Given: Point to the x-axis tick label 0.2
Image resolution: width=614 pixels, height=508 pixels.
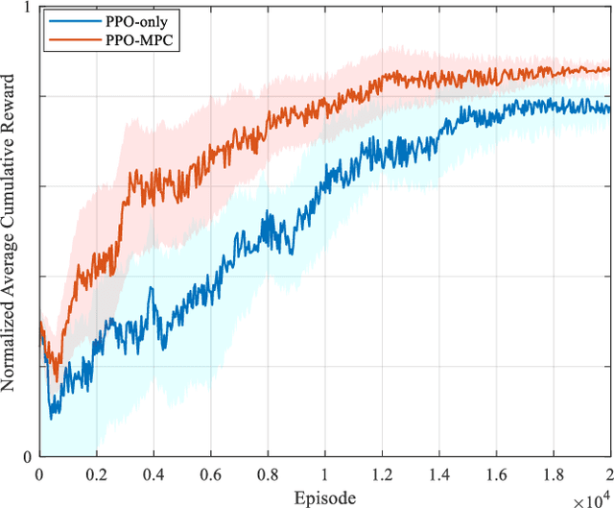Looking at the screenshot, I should [x=96, y=474].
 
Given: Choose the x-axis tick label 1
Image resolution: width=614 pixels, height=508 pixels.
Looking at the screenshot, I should [x=324, y=474].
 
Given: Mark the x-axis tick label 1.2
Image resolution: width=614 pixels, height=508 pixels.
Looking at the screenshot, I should [x=382, y=474].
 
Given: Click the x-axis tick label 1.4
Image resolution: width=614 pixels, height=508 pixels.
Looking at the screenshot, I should [x=438, y=474].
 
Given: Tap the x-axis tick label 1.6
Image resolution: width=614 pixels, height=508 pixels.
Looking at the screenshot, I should [x=496, y=474].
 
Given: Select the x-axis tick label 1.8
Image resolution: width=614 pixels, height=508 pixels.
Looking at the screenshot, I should [x=553, y=474].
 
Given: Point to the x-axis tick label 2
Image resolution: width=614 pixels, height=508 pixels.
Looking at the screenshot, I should [x=608, y=474].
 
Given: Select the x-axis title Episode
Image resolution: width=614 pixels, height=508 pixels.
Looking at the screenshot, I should [x=324, y=496].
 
